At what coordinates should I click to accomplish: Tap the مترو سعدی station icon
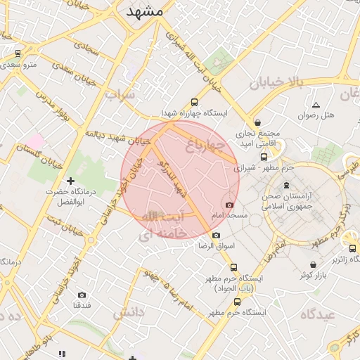(18, 53)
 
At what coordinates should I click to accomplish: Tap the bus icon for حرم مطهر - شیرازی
(264, 157)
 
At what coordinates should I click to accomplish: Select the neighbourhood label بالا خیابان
(276, 84)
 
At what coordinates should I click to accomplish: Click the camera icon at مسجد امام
(229, 204)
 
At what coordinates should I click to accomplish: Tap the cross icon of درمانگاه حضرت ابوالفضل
(70, 181)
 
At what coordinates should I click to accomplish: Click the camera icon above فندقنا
(82, 295)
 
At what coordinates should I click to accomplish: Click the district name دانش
(127, 310)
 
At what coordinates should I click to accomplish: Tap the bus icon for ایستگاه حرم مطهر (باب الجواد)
(234, 267)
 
